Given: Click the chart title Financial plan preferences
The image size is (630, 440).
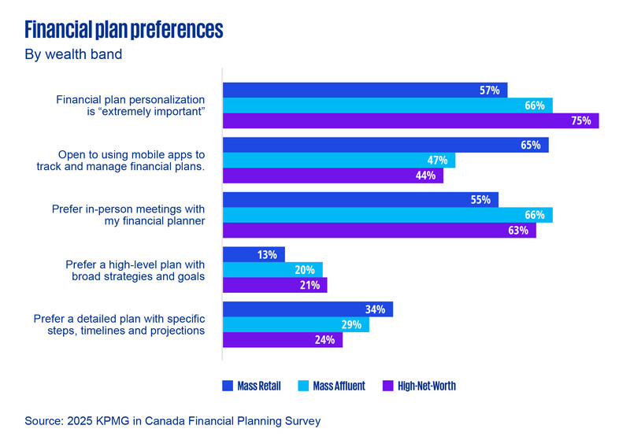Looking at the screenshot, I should pos(124,30).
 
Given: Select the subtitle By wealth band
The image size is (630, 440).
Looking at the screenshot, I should pos(73,55).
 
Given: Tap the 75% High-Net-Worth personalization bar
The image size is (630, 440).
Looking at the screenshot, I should pos(410,120).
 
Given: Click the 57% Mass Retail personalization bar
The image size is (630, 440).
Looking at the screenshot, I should pos(365,90).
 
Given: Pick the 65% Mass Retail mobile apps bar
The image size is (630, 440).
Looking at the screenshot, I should pos(385,145).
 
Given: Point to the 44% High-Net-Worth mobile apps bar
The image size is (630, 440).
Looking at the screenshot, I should pos(332,176).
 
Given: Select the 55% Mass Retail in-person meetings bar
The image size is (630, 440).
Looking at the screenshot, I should pos(360,200).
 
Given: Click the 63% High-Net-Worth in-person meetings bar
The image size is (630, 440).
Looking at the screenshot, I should pos(379,231).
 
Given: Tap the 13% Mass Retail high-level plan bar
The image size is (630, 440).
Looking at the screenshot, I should pos(254,254).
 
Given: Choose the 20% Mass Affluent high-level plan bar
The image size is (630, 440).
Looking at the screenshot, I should pos(272,270).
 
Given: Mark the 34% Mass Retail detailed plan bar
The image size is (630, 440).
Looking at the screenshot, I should pos(307,309).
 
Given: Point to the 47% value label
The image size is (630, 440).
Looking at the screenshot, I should pos(437,161).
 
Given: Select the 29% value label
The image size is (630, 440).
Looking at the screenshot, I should pos(351,325).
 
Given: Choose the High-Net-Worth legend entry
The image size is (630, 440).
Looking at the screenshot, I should pos(418,386).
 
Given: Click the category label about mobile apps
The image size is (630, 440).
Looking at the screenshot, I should pos(120,161).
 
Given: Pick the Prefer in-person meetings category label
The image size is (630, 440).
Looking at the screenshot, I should pos(128,215).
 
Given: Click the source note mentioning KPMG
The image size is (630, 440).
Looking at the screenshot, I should pos(172,421).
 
